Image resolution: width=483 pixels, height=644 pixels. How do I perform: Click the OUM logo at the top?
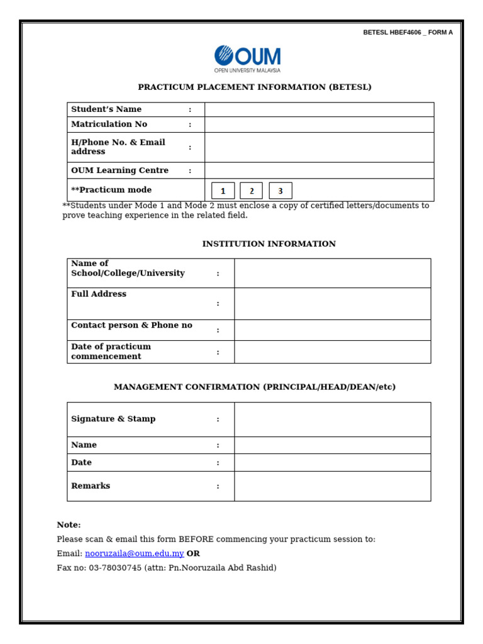tap(247, 58)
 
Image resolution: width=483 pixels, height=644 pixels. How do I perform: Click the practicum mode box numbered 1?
tap(223, 191)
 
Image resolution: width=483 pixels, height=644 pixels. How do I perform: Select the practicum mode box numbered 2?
tap(252, 191)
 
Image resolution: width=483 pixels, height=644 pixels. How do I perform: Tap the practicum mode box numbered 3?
tap(280, 191)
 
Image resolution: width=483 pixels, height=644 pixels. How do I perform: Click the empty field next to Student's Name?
tap(319, 109)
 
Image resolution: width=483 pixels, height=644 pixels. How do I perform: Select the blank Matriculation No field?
tap(319, 125)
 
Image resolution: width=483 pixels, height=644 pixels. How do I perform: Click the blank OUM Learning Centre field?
tap(319, 170)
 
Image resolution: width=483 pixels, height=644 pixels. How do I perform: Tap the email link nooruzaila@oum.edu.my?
tap(135, 553)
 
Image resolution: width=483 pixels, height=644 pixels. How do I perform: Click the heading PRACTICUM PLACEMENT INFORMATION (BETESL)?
tap(255, 87)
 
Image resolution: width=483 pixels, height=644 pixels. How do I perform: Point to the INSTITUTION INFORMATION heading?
tap(269, 243)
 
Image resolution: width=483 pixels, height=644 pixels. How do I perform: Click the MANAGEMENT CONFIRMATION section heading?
tap(255, 387)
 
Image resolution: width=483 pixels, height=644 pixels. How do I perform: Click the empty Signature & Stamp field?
tap(332, 419)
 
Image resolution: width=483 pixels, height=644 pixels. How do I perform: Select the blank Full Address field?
tap(332, 304)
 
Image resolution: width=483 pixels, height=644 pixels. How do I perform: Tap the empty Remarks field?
tap(332, 486)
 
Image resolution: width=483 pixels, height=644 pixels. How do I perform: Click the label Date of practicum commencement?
tap(111, 352)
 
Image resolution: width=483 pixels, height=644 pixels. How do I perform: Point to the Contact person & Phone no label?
tap(131, 325)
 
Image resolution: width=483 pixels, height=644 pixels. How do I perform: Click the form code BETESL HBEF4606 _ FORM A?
tap(408, 33)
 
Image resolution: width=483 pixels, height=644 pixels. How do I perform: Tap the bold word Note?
tap(69, 525)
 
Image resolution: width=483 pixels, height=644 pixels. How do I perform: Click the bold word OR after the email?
tap(193, 553)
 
